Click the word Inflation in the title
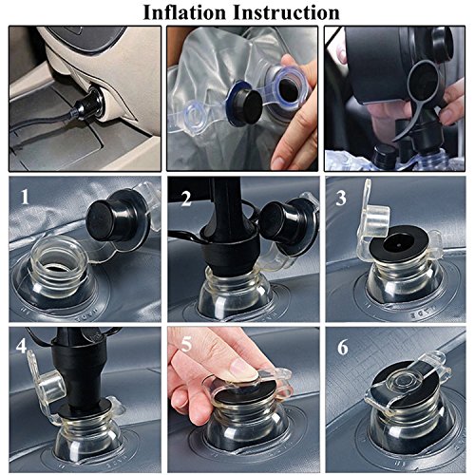pos(184,12)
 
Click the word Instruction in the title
pos(286,12)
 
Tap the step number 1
pos(25,197)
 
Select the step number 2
pos(186,199)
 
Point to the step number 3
pos(341,199)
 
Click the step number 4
pos(21,346)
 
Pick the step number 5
pos(186,345)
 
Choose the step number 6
pos(343,347)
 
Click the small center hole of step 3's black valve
pos(399,245)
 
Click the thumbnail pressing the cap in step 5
pos(244,371)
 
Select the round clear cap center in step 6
pos(407,379)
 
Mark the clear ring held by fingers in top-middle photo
pos(288,86)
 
